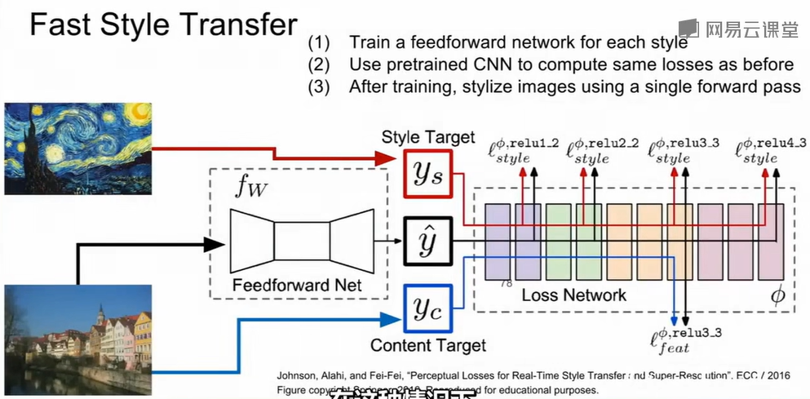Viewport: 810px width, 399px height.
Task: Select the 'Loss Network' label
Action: click(574, 295)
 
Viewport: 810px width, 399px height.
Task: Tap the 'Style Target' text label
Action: click(427, 137)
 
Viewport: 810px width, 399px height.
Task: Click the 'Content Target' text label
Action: click(423, 345)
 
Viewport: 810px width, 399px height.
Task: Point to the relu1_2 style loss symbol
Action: click(523, 149)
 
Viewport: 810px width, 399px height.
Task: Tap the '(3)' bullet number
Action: click(319, 86)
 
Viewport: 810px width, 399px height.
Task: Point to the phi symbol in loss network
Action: click(777, 294)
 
